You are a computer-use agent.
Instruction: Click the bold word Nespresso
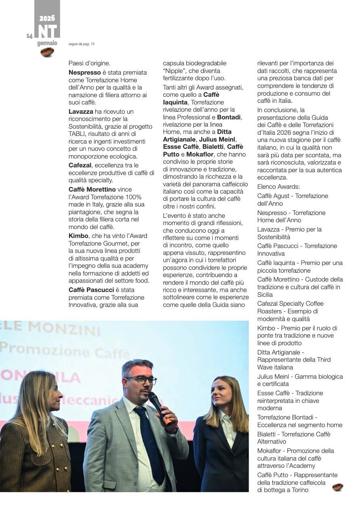pyautogui.click(x=85, y=73)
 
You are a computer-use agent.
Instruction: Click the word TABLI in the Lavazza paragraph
pyautogui.click(x=78, y=134)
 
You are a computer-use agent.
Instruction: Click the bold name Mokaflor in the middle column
pyautogui.click(x=200, y=154)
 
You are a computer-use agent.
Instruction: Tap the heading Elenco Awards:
pyautogui.click(x=278, y=187)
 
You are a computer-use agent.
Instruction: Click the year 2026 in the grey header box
pyautogui.click(x=47, y=18)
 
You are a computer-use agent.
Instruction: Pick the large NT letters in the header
pyautogui.click(x=47, y=31)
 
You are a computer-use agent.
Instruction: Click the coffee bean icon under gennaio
pyautogui.click(x=47, y=52)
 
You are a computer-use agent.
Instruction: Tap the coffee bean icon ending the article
pyautogui.click(x=337, y=487)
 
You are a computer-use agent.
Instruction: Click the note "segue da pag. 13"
pyautogui.click(x=81, y=44)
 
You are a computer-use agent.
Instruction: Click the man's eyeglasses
pyautogui.click(x=141, y=380)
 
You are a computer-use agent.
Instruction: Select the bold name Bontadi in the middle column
pyautogui.click(x=229, y=117)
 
